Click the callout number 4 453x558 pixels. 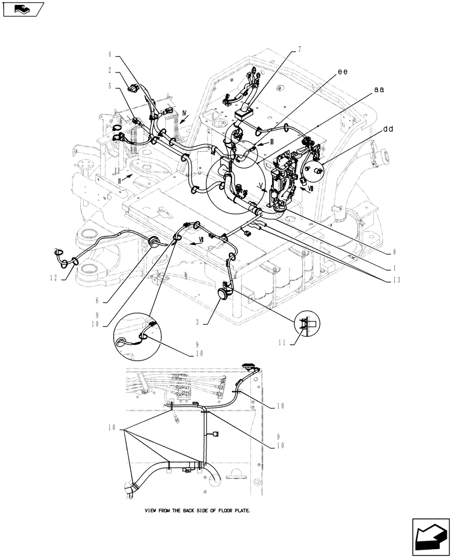point(110,55)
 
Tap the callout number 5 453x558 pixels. point(110,86)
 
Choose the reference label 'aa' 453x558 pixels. point(379,89)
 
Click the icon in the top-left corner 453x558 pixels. point(23,9)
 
